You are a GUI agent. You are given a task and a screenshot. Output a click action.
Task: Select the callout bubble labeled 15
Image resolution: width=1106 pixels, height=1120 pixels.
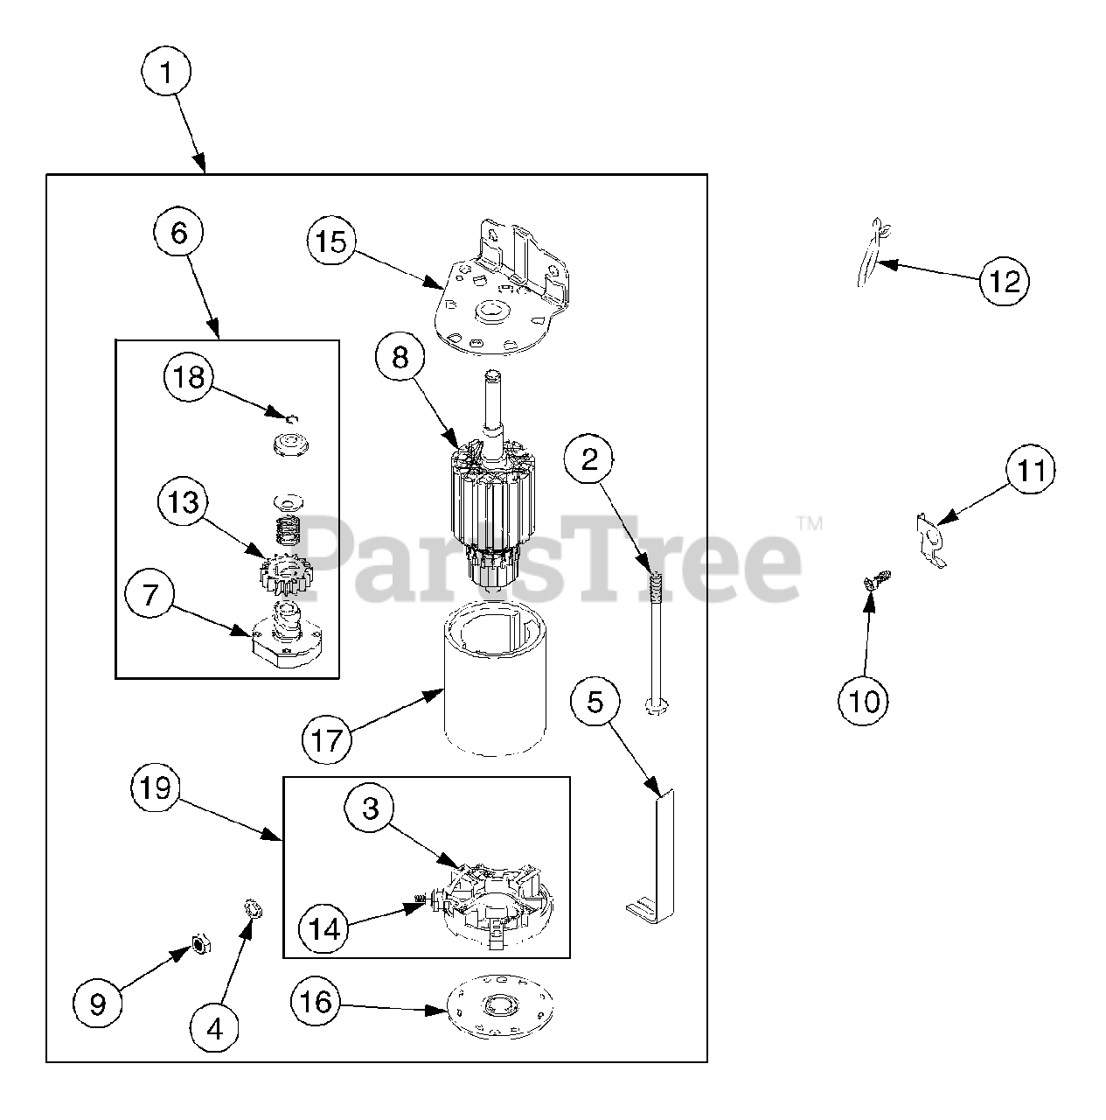coord(331,241)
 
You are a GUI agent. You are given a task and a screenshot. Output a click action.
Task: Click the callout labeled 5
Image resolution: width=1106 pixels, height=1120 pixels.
coord(595,701)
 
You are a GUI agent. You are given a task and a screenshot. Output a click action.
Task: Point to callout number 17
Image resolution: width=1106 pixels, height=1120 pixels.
coord(326,740)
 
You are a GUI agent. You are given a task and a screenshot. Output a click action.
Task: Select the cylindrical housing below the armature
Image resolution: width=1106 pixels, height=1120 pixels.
coord(495,682)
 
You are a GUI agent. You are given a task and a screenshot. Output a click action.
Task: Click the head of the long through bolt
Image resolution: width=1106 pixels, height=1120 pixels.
coord(653,703)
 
